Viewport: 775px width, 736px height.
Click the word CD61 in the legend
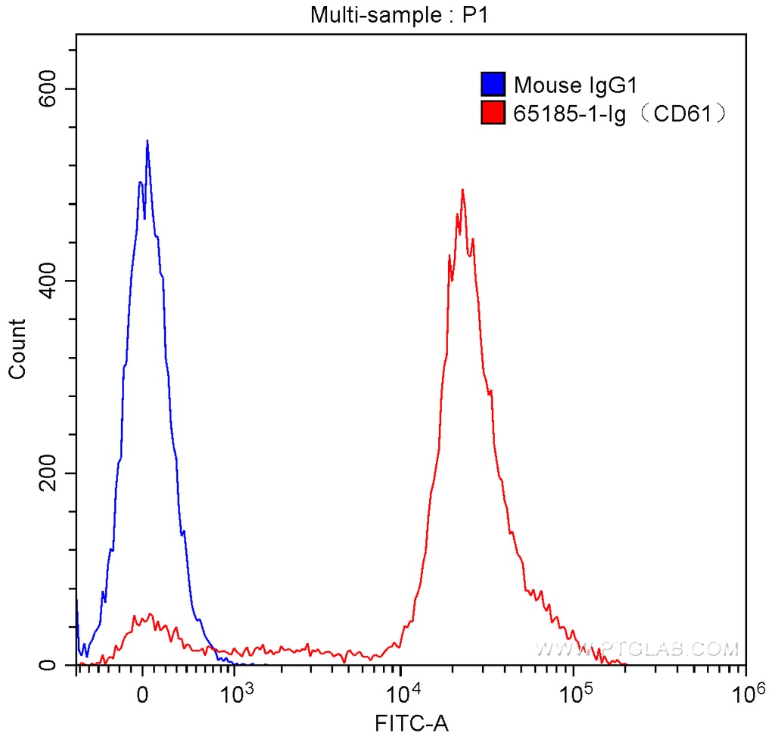click(685, 114)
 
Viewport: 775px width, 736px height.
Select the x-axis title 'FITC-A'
click(412, 724)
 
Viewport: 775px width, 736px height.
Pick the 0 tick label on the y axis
click(48, 666)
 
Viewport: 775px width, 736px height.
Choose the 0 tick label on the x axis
click(143, 694)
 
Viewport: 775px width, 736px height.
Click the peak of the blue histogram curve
click(147, 141)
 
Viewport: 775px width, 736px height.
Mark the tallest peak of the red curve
click(462, 191)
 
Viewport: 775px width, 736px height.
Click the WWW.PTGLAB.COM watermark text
click(636, 649)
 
